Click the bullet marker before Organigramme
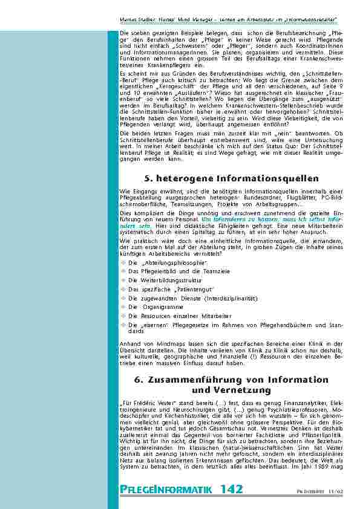(123, 306)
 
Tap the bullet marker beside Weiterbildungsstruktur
(123, 280)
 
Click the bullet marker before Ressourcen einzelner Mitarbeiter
(123, 315)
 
